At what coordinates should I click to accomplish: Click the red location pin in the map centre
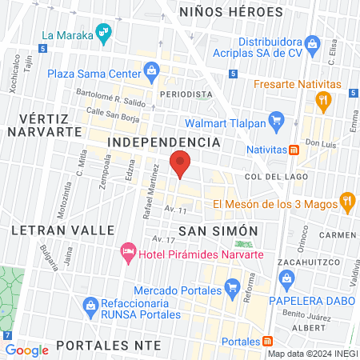tap(180, 164)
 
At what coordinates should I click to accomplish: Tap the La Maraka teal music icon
tap(102, 33)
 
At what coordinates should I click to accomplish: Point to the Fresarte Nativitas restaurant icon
tap(323, 100)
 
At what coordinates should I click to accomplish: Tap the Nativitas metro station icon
tap(294, 149)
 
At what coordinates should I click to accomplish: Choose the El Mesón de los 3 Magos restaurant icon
tap(347, 202)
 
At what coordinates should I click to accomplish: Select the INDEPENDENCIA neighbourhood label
tap(163, 142)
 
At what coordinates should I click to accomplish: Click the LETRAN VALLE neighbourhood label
tap(63, 230)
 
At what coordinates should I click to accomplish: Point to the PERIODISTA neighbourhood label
tap(186, 94)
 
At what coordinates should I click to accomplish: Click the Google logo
tap(26, 349)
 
